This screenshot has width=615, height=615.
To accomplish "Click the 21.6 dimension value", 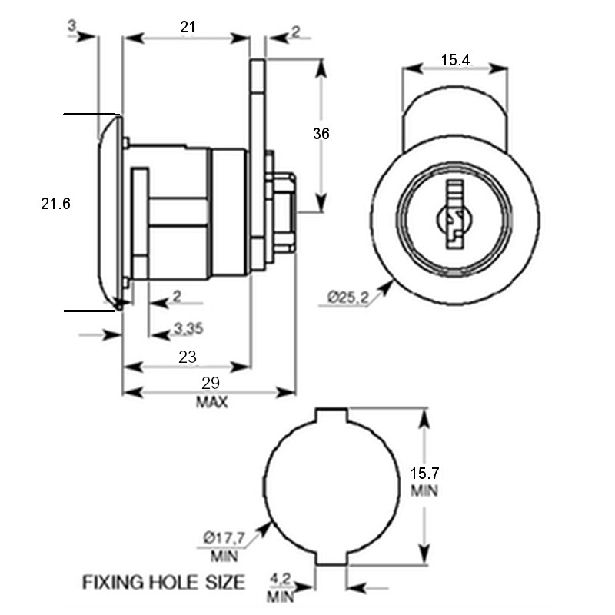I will (55, 204).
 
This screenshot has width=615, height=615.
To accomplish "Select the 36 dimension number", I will (321, 133).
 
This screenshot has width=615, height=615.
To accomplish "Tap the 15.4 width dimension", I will (455, 59).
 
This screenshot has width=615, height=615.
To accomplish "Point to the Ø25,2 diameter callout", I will (347, 296).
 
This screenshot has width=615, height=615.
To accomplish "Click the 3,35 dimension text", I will (188, 330).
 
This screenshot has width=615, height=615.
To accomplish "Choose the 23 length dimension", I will (188, 357).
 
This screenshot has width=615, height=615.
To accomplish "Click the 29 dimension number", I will (211, 383).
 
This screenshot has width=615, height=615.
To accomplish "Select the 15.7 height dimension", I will (424, 474).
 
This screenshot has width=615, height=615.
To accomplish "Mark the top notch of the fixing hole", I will (331, 415).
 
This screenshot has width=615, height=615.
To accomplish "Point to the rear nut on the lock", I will (282, 212).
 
